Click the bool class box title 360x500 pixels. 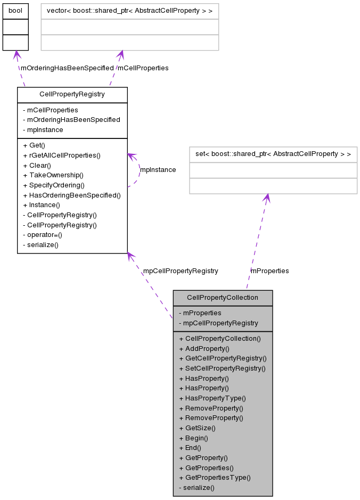tap(15, 11)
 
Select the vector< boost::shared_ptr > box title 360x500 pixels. tap(129, 11)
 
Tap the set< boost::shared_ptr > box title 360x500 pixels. tap(273, 154)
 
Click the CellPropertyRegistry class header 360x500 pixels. tap(72, 94)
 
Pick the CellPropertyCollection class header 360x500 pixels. tap(223, 298)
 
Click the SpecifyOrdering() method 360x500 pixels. tap(54, 185)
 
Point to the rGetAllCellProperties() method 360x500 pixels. tap(62, 155)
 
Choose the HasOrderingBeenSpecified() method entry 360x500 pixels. tap(72, 195)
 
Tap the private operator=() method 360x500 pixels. tap(43, 235)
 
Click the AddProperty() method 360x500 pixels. tap(204, 348)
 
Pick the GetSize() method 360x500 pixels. tap(197, 428)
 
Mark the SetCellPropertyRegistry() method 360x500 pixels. tap(222, 368)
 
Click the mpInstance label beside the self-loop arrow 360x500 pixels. tap(158, 170)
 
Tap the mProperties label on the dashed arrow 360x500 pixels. tap(269, 271)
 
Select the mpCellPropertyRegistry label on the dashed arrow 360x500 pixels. tap(181, 271)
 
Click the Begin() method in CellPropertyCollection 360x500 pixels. tap(193, 438)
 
